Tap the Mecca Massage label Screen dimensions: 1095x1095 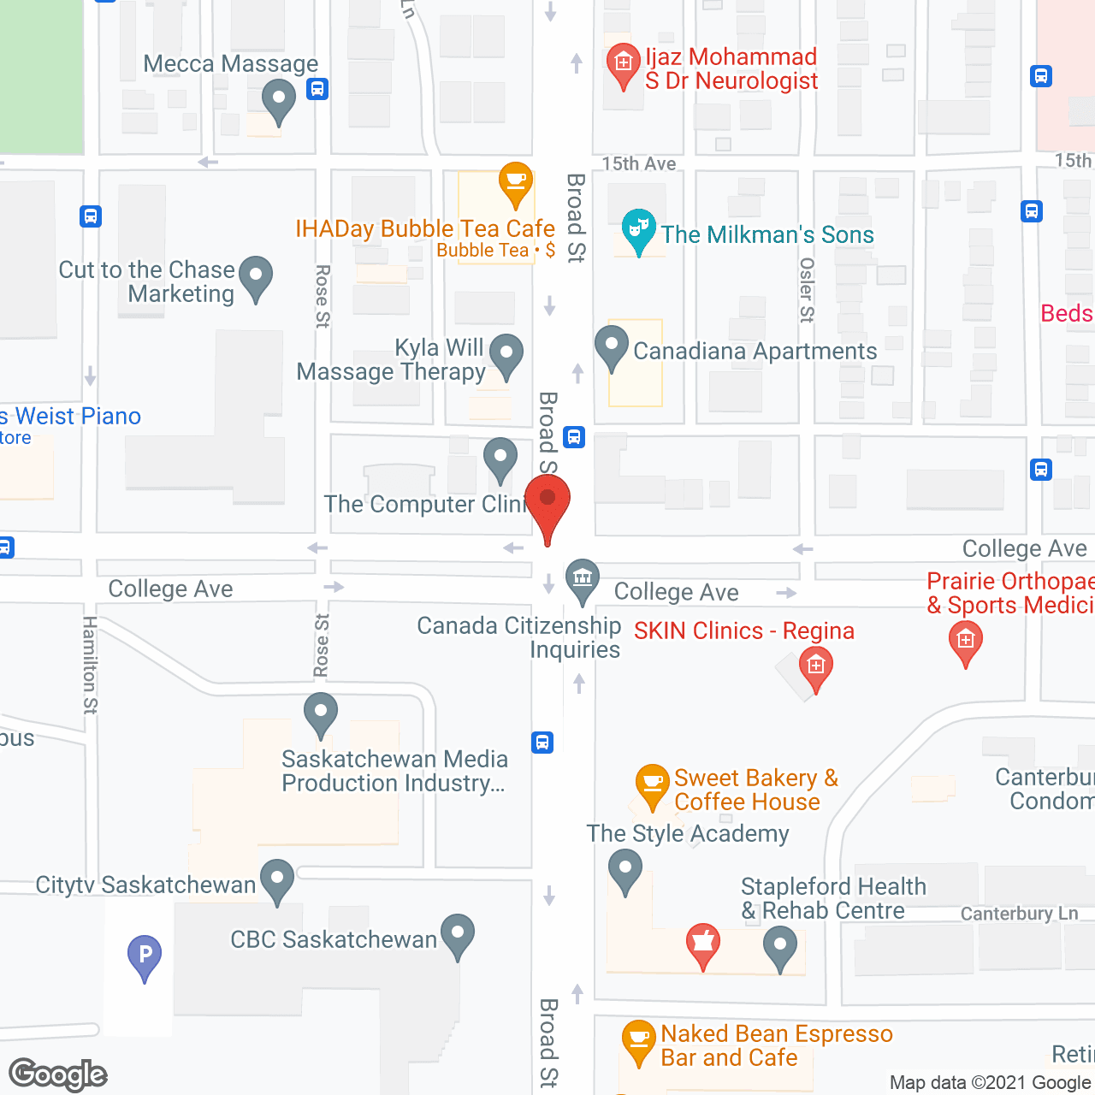(x=230, y=64)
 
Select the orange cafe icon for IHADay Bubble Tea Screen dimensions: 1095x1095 (x=515, y=182)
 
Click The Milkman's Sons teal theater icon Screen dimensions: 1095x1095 (x=638, y=229)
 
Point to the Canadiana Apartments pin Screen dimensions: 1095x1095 (x=611, y=346)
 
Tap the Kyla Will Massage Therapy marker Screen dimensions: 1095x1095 (x=506, y=354)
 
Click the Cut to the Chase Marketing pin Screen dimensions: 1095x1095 (x=255, y=277)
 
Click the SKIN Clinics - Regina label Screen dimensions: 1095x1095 (x=743, y=631)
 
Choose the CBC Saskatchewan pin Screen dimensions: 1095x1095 (x=458, y=935)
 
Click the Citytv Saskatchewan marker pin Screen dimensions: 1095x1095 (x=276, y=879)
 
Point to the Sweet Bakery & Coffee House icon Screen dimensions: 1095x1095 (x=652, y=784)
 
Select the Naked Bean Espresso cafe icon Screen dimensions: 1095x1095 (x=638, y=1040)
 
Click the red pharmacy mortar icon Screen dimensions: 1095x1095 (x=702, y=944)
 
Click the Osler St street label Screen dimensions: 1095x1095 (x=806, y=290)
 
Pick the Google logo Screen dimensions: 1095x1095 (x=58, y=1074)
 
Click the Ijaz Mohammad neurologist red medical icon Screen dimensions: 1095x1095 (x=623, y=64)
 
